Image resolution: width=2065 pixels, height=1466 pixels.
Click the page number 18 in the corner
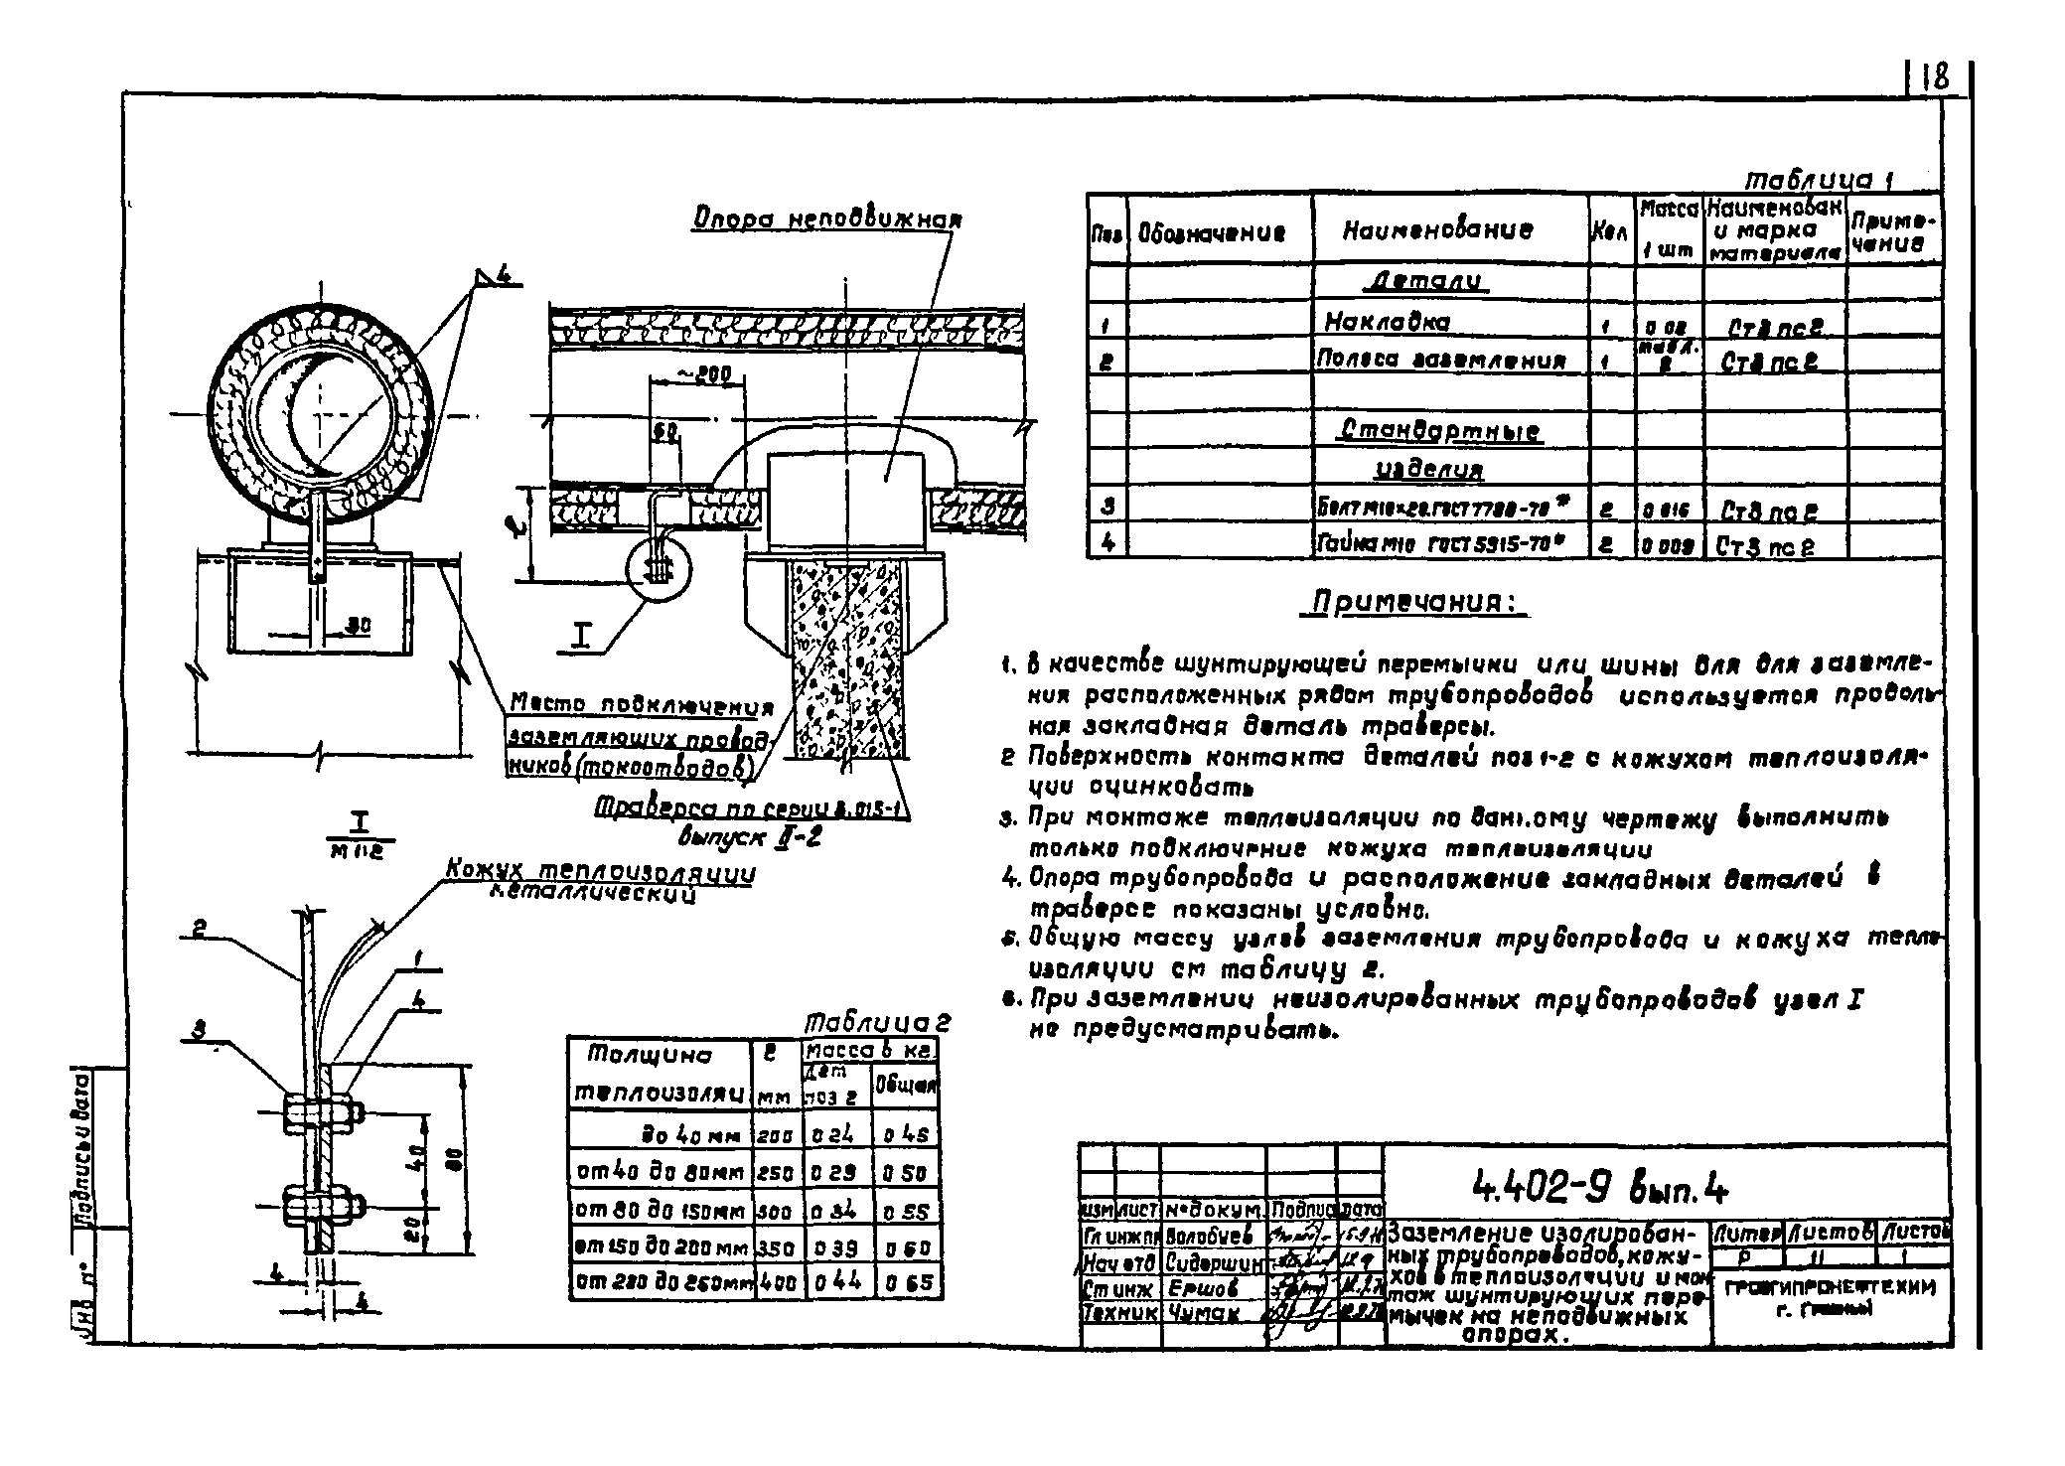tap(1934, 78)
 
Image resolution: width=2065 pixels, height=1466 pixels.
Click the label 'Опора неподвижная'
tap(827, 220)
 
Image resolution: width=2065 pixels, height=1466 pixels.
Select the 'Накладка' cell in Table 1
tap(1387, 322)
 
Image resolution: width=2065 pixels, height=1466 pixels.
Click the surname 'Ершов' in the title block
tap(1203, 1288)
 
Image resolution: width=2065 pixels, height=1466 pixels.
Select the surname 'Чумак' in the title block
tap(1202, 1312)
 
